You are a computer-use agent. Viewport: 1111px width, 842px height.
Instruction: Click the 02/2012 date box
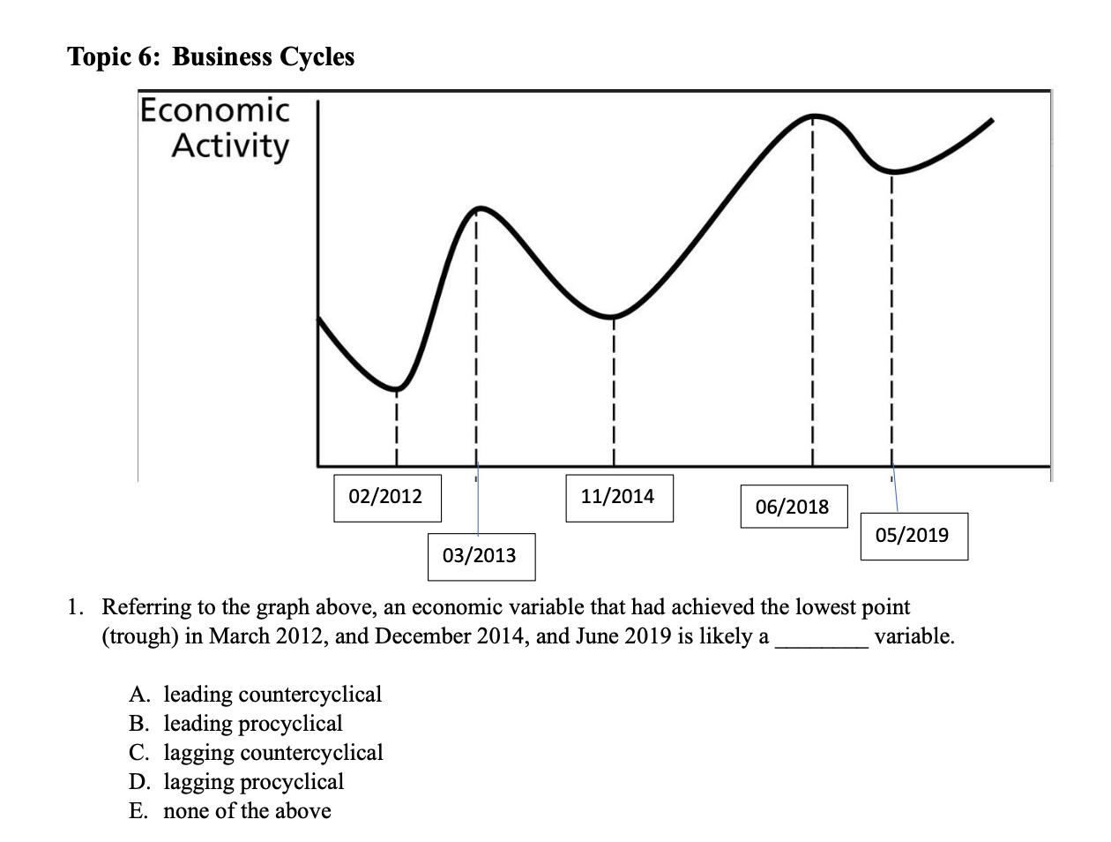point(386,498)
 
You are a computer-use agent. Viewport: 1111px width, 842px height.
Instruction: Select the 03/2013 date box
point(481,556)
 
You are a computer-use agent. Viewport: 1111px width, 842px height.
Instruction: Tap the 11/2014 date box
point(618,498)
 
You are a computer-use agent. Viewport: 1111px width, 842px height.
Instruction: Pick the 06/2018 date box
point(793,507)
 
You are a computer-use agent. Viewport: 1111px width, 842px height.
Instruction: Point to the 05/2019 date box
point(913,536)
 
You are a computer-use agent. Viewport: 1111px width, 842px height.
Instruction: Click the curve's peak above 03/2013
point(478,209)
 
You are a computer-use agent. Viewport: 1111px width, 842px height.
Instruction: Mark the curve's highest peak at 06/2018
point(814,115)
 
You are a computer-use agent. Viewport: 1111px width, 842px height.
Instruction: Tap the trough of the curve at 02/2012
point(397,388)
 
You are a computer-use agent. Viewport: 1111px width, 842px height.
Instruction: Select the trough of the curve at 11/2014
point(612,316)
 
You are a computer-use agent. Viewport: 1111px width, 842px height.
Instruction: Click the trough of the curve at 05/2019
point(892,170)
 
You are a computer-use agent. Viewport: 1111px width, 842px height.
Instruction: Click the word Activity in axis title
point(230,147)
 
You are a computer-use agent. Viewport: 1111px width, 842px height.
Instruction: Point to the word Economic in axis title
point(215,111)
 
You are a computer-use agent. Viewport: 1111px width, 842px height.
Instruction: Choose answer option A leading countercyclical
point(256,695)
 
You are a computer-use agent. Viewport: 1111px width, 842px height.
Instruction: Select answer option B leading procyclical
point(236,724)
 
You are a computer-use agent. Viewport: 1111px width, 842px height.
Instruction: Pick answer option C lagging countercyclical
point(257,753)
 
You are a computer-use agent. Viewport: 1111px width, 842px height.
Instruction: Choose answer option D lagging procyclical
point(237,782)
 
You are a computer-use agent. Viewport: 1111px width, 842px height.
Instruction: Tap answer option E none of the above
point(231,811)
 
